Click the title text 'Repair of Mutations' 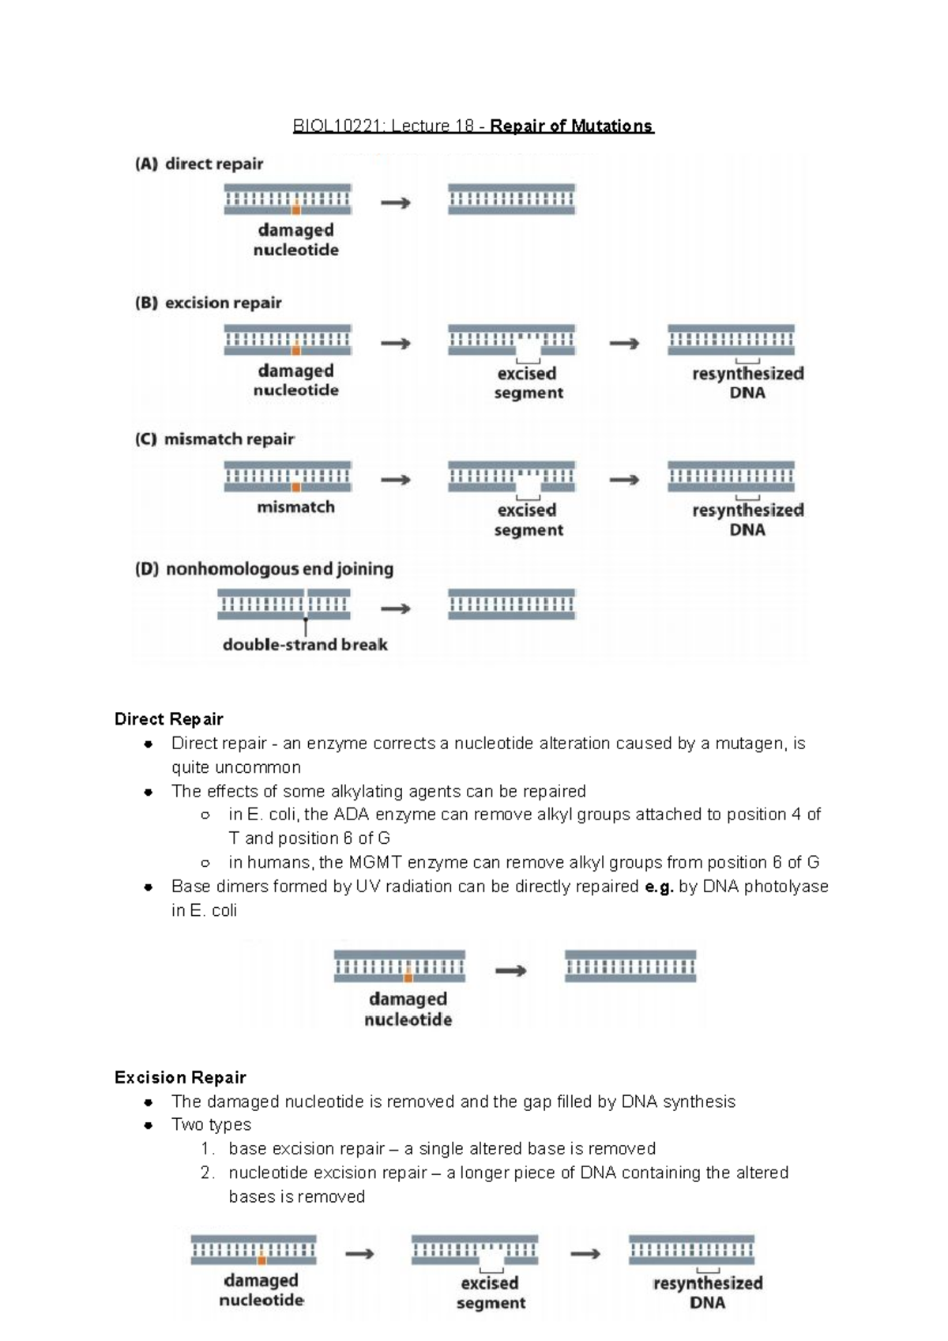(x=571, y=126)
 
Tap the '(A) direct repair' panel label (x=199, y=164)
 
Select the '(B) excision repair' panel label (x=208, y=303)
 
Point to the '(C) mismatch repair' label (x=214, y=439)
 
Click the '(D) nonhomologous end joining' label (x=264, y=569)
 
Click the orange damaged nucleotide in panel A (x=295, y=210)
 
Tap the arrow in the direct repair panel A (x=396, y=203)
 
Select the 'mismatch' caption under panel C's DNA (x=295, y=507)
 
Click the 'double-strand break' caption (x=305, y=645)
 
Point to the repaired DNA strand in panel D (x=511, y=605)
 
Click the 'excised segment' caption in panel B (x=528, y=383)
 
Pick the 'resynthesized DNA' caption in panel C (x=747, y=520)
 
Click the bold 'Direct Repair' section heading (x=168, y=719)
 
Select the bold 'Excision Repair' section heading (x=180, y=1078)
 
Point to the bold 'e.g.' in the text (x=660, y=887)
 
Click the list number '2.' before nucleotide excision (x=208, y=1173)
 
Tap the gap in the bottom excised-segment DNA (x=492, y=1256)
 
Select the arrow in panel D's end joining (x=396, y=608)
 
